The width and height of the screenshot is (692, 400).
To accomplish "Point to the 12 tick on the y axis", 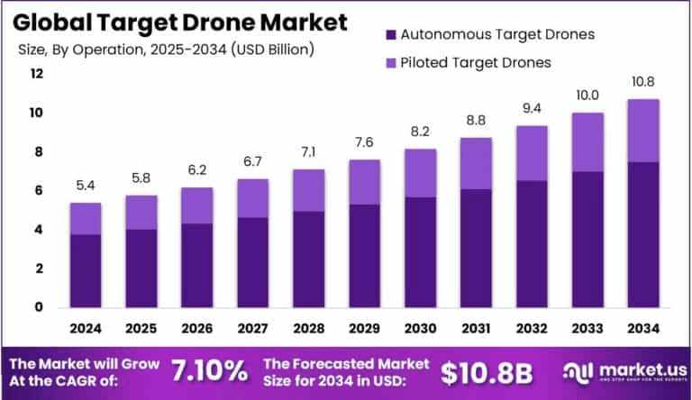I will [x=37, y=74].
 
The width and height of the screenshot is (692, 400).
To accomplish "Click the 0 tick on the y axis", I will [x=38, y=307].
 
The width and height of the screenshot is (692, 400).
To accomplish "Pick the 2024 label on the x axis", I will [x=86, y=327].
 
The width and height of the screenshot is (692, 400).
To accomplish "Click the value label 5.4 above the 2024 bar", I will [x=86, y=186].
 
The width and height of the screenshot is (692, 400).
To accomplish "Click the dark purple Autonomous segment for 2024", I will [x=86, y=270].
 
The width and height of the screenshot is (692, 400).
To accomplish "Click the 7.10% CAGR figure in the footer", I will [x=210, y=371].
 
